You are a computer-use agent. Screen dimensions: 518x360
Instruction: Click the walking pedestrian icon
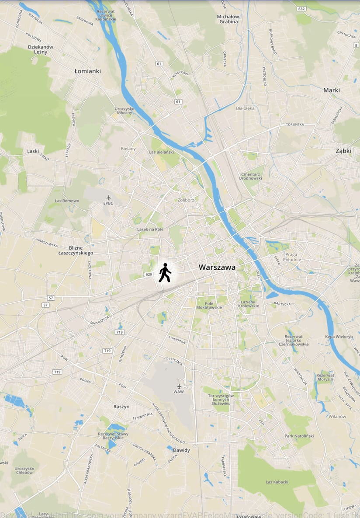point(165,273)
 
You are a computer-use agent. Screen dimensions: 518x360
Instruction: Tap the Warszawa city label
point(217,267)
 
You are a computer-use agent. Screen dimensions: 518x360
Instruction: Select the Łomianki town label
point(87,71)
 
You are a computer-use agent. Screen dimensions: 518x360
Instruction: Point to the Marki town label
point(331,90)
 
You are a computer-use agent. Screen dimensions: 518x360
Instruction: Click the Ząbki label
point(343,151)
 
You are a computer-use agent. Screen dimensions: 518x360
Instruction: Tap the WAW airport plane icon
point(179,386)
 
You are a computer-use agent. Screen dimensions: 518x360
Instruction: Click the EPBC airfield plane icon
point(109,198)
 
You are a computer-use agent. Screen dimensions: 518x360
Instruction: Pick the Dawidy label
point(181,450)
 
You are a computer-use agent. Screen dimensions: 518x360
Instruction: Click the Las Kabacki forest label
point(277,482)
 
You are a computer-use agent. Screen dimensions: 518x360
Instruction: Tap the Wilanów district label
point(337,417)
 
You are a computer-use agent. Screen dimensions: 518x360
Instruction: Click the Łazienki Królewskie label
point(249,304)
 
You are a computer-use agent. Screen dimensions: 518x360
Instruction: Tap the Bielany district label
point(128,149)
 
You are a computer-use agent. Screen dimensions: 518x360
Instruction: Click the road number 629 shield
point(149,275)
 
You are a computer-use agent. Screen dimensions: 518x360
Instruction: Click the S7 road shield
point(51,298)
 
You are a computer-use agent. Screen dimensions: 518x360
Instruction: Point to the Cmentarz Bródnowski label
point(251,176)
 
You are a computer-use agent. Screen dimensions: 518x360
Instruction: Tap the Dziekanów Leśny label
point(40,49)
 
